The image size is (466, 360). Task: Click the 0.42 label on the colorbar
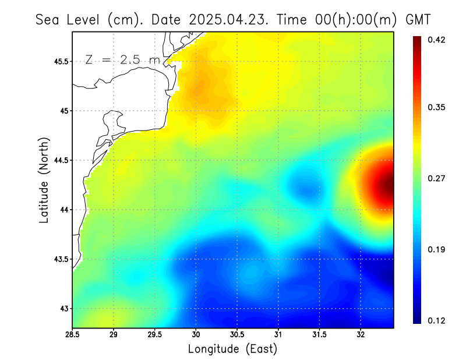pos(437,40)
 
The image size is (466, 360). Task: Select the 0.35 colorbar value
pos(437,107)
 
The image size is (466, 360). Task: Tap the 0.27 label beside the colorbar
pos(437,178)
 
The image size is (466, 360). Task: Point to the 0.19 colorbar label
pos(437,249)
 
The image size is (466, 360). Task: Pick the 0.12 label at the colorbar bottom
pos(437,321)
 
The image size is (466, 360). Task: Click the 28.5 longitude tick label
pos(73,335)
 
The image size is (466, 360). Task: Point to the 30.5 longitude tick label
pos(237,335)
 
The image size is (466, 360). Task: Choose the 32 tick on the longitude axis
pos(361,335)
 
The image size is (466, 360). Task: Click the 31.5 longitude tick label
pos(319,335)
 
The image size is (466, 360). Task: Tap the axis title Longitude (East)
pos(232,349)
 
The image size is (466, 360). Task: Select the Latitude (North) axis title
pos(44,180)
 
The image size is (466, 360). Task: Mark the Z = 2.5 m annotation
pos(122,60)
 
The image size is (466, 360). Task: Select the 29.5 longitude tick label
pos(155,335)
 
